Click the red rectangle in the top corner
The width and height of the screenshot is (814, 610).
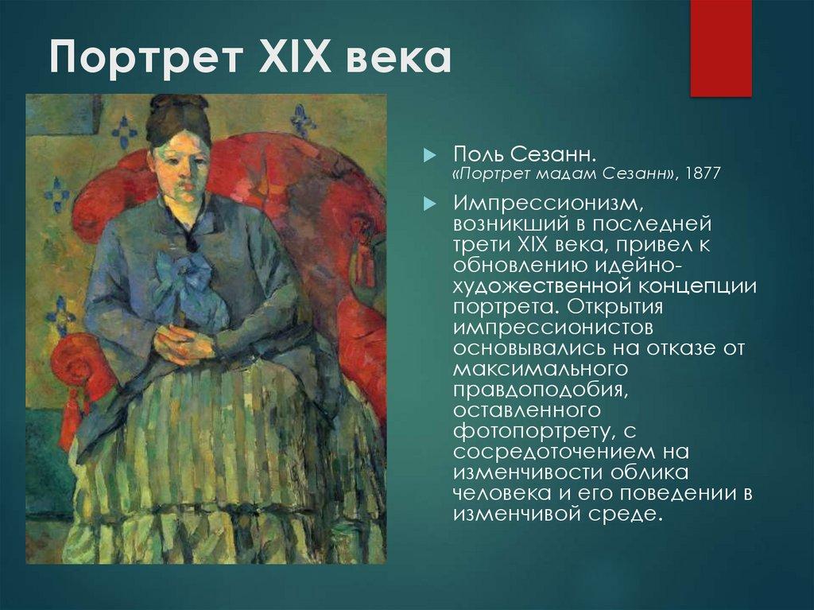pos(720,48)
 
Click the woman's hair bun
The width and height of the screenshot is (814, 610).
pos(176,107)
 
